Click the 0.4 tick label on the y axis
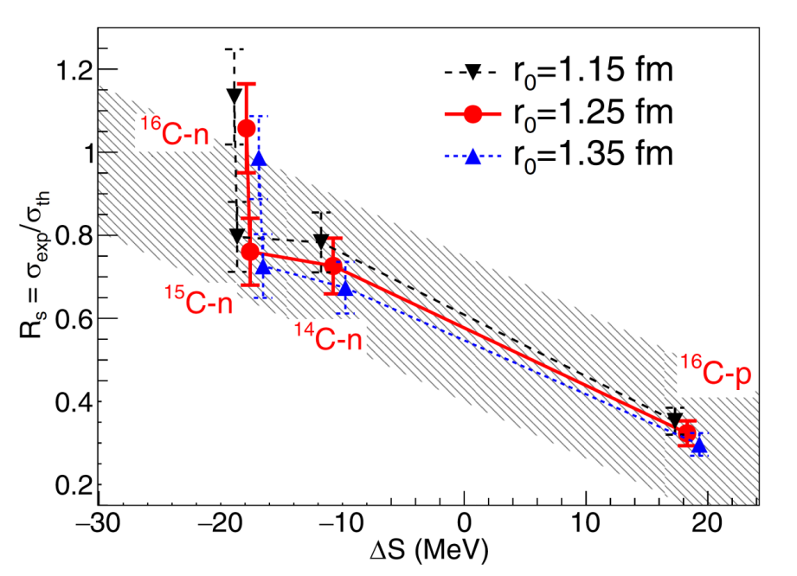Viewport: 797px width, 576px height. tap(72, 401)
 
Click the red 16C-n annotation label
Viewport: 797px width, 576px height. tap(178, 132)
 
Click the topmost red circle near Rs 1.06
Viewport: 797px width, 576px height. tap(247, 128)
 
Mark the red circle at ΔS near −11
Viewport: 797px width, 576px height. tap(332, 266)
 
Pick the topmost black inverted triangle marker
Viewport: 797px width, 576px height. tap(234, 94)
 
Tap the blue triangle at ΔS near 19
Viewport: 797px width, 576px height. tap(699, 445)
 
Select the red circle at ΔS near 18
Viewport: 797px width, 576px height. tap(687, 433)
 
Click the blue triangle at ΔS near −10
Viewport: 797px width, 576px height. tap(345, 288)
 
